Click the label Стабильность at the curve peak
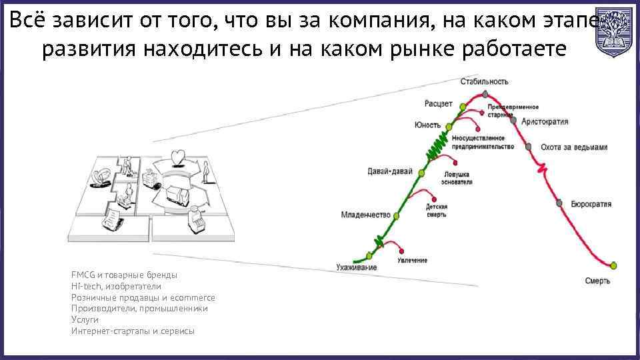point(484,81)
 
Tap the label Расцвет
point(438,103)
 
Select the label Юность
point(427,125)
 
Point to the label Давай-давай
point(390,171)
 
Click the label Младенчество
point(365,215)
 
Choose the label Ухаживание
point(356,267)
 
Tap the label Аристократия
point(545,122)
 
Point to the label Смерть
point(597,281)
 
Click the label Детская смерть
point(436,211)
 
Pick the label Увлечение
point(413,260)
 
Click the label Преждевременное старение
point(513,111)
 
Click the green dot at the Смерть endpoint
point(614,265)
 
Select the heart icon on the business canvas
point(177,156)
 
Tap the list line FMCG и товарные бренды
point(124,275)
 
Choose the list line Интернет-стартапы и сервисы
point(133,331)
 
